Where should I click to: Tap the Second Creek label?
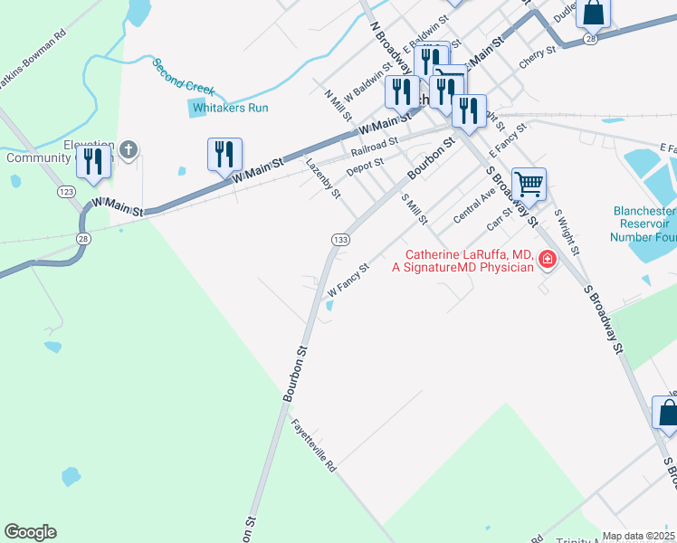184,76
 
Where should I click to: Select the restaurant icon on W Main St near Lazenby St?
224,155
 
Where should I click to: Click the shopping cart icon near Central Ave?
529,185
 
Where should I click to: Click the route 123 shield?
65,192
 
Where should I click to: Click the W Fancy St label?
348,281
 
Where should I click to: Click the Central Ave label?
474,205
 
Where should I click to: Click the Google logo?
30,532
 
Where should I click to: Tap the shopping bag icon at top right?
594,13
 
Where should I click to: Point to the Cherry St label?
536,59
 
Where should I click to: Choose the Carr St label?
499,218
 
